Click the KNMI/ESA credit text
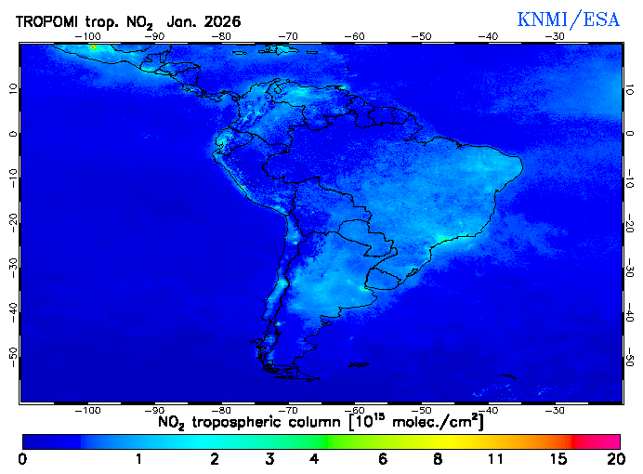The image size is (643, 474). click(x=568, y=20)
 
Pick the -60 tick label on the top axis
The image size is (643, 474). click(x=354, y=36)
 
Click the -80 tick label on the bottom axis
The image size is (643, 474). click(x=221, y=410)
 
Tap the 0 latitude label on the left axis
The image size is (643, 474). click(x=12, y=133)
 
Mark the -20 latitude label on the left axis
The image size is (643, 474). click(x=12, y=220)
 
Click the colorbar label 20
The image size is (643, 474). click(x=612, y=459)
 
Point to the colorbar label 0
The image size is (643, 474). click(x=22, y=459)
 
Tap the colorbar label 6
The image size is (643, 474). click(x=383, y=459)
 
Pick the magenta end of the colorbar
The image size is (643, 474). click(x=609, y=441)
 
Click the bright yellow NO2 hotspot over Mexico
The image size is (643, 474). click(x=93, y=46)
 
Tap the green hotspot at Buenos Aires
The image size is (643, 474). click(x=363, y=288)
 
